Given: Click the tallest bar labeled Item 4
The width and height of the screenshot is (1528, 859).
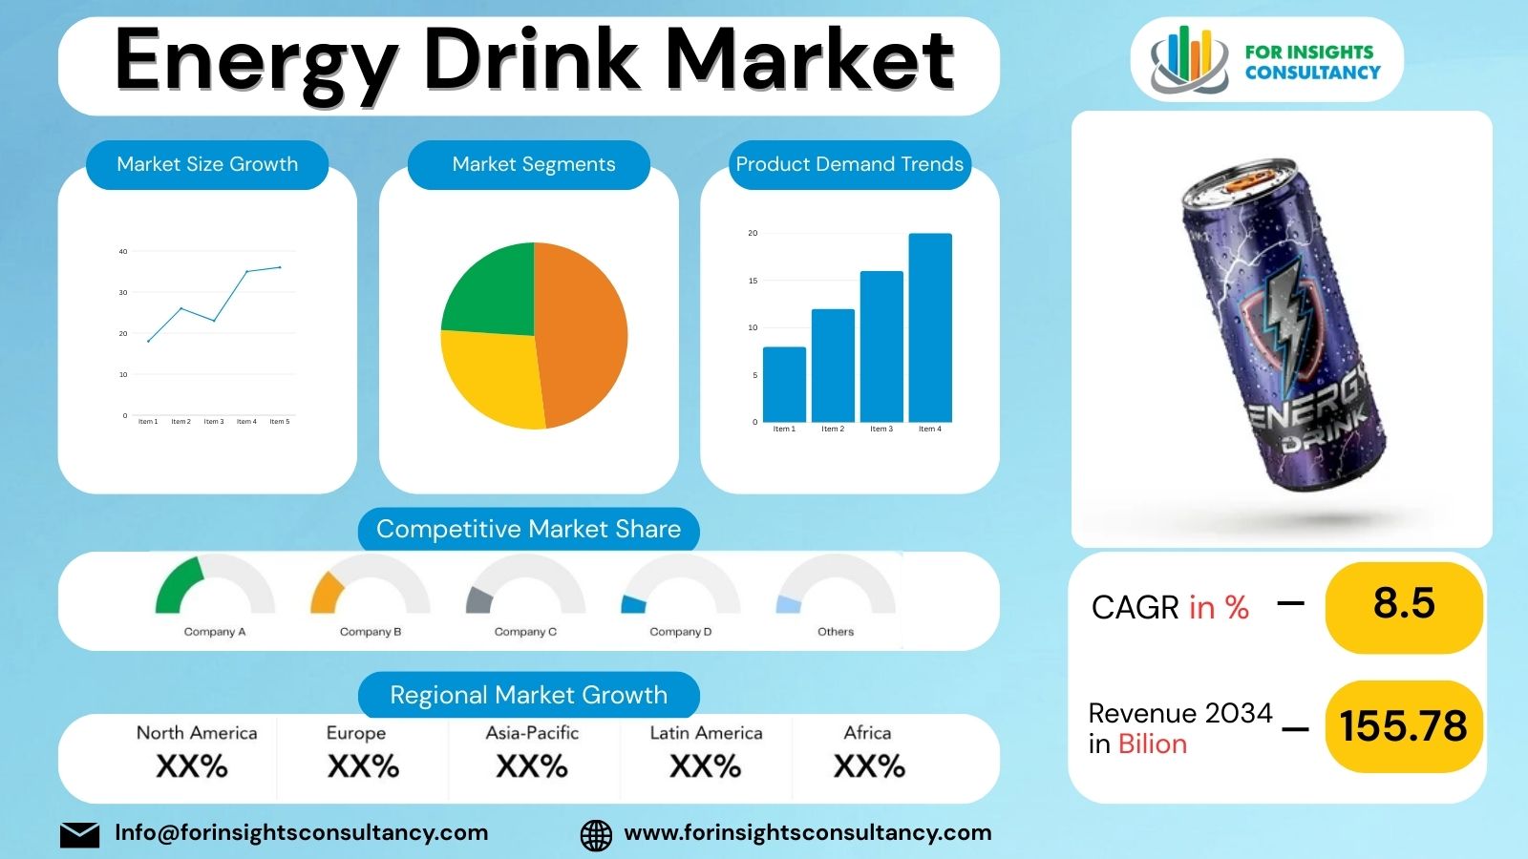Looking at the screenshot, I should tap(929, 327).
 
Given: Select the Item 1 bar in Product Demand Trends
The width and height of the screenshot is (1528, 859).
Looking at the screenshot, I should tap(784, 384).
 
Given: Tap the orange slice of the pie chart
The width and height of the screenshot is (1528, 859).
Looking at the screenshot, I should tap(583, 334).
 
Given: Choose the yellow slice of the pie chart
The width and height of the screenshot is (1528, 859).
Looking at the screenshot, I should tap(492, 377).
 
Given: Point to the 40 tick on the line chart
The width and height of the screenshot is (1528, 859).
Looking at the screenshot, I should tap(123, 252).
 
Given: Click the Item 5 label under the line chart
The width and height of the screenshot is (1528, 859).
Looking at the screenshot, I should tap(279, 421).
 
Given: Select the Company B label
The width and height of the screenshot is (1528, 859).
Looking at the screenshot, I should tap(371, 632).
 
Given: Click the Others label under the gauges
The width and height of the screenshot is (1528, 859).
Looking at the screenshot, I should tap(836, 632).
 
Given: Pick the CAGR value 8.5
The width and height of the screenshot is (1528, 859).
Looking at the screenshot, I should tap(1404, 604).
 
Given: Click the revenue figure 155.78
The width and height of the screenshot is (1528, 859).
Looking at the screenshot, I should tap(1403, 726).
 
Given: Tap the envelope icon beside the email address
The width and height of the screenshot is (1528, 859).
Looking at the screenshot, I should tap(79, 834).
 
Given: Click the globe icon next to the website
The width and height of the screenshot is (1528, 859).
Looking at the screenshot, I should tap(596, 834).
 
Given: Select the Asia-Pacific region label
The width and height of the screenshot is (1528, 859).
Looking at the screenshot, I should tap(532, 733).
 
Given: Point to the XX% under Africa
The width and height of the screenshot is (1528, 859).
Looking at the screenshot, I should tap(869, 766).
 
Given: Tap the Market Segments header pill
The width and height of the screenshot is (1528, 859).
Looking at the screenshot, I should tap(533, 164).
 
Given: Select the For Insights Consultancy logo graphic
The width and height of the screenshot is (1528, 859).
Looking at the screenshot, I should tap(1187, 60).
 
